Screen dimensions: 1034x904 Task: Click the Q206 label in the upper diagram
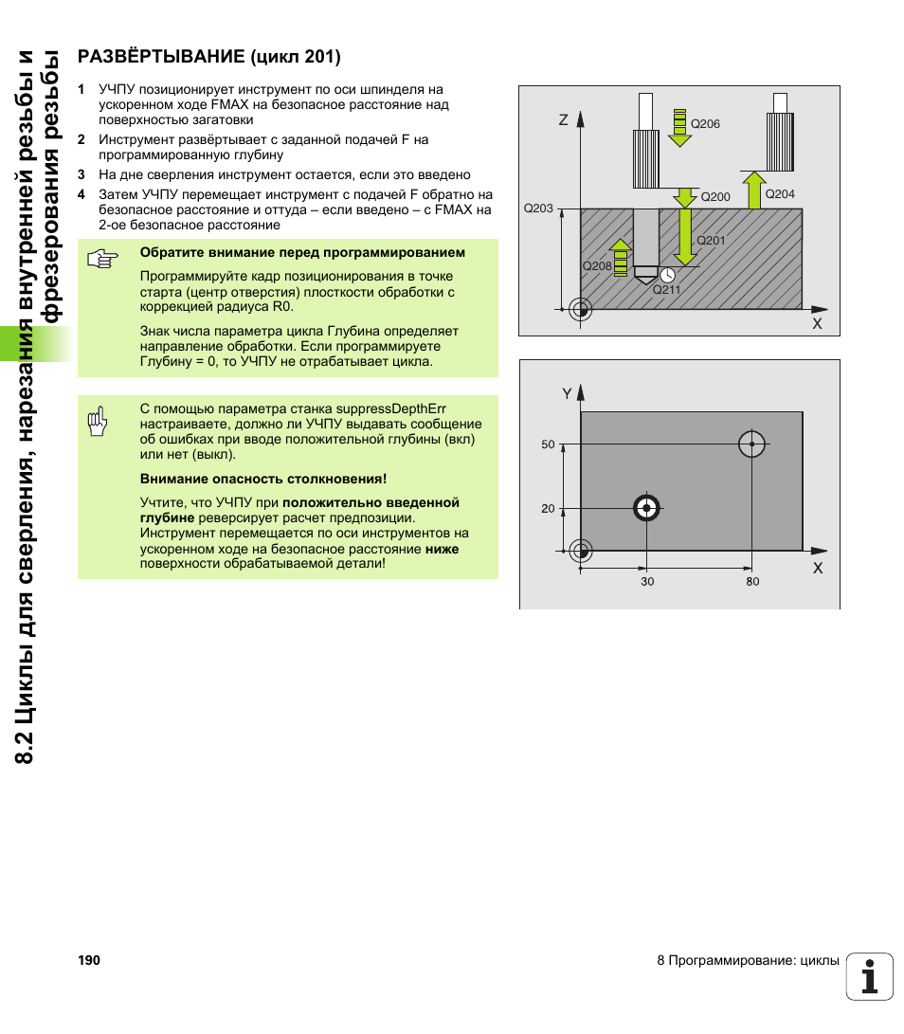point(705,124)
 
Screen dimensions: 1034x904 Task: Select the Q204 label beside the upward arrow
point(779,193)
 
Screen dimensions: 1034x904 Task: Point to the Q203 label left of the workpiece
point(537,209)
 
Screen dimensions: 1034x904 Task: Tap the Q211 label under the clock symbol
point(666,290)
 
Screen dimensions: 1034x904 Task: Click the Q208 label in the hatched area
point(597,266)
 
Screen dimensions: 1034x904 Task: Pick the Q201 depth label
point(711,241)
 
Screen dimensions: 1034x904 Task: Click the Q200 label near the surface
point(715,197)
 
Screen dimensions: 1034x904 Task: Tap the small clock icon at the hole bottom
point(667,274)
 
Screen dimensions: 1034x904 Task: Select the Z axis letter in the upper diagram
point(563,120)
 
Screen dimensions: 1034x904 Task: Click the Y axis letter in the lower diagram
point(567,393)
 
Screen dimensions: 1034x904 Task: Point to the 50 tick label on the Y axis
point(548,444)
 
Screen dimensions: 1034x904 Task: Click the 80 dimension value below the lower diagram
point(752,582)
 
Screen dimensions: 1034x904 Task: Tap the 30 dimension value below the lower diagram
point(647,582)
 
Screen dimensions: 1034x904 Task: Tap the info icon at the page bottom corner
point(870,976)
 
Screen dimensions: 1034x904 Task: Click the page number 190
point(89,961)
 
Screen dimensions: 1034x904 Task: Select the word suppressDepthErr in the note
point(391,408)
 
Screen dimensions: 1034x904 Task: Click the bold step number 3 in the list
point(81,175)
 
